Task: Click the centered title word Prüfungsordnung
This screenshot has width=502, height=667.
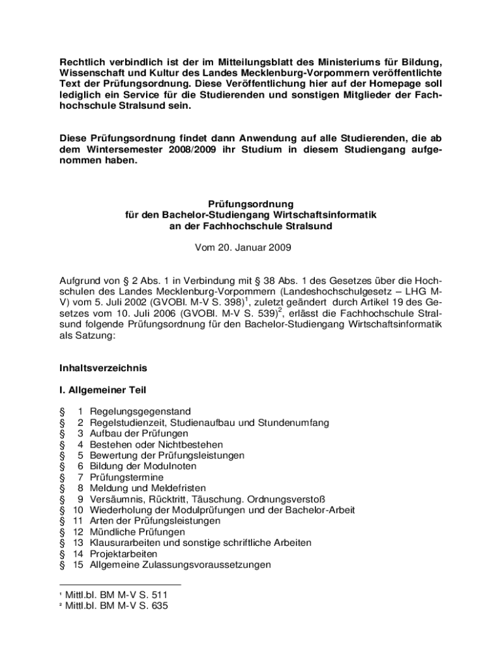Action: (x=251, y=203)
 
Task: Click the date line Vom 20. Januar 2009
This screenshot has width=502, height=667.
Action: (x=251, y=248)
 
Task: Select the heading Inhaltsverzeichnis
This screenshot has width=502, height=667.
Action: (x=103, y=368)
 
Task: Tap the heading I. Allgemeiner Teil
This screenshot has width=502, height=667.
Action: (x=102, y=390)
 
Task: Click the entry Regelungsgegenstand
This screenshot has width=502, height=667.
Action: (x=140, y=412)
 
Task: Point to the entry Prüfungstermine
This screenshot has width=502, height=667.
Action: (x=126, y=477)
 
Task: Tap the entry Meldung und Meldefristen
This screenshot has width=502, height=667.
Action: (x=148, y=488)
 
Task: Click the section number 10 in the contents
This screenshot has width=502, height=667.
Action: (x=78, y=510)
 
